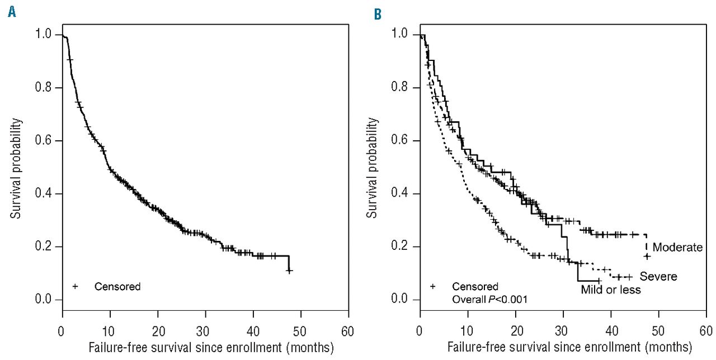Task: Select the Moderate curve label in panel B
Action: click(x=677, y=247)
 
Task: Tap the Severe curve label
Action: click(x=658, y=276)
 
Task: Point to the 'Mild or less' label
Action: click(x=610, y=290)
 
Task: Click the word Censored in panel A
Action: click(x=117, y=287)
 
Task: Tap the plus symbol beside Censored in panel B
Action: click(x=433, y=287)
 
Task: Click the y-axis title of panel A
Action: click(x=17, y=168)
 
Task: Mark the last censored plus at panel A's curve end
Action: click(x=289, y=271)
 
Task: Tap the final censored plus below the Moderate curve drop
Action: click(x=647, y=257)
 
